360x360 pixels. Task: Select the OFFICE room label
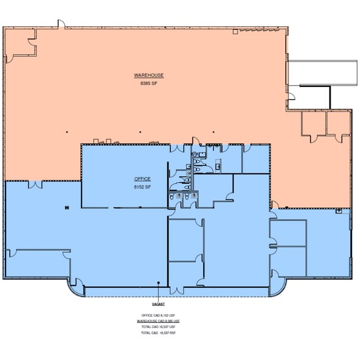142,178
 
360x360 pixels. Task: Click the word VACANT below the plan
159,304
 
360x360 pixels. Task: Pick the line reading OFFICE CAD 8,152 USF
159,315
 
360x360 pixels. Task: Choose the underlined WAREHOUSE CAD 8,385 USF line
159,321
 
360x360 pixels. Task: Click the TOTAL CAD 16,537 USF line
159,327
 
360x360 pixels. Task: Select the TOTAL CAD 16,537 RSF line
159,333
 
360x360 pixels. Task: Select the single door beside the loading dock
293,96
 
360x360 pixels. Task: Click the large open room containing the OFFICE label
122,178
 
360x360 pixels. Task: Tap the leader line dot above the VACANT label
159,283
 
